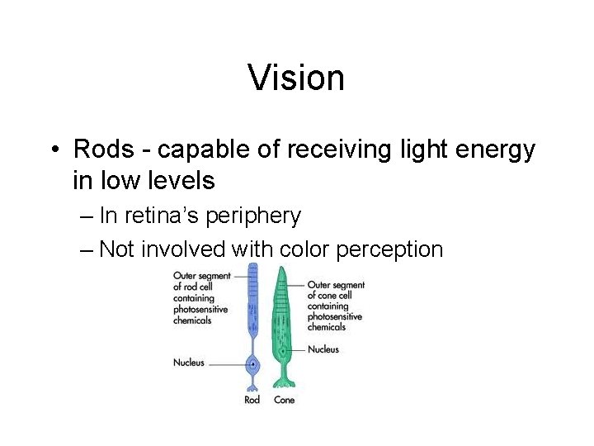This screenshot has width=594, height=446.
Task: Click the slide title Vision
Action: [296, 78]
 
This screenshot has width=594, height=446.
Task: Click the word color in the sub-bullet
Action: [307, 249]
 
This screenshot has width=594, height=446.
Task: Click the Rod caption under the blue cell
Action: [252, 400]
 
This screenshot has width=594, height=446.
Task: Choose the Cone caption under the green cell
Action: [284, 400]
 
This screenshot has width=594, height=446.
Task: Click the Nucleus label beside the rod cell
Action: [189, 363]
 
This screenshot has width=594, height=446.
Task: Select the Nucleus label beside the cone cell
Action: [323, 349]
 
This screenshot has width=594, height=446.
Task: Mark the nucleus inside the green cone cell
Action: [285, 350]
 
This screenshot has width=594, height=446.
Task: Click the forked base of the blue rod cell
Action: [252, 386]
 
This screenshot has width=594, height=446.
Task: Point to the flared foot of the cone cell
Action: [285, 382]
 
